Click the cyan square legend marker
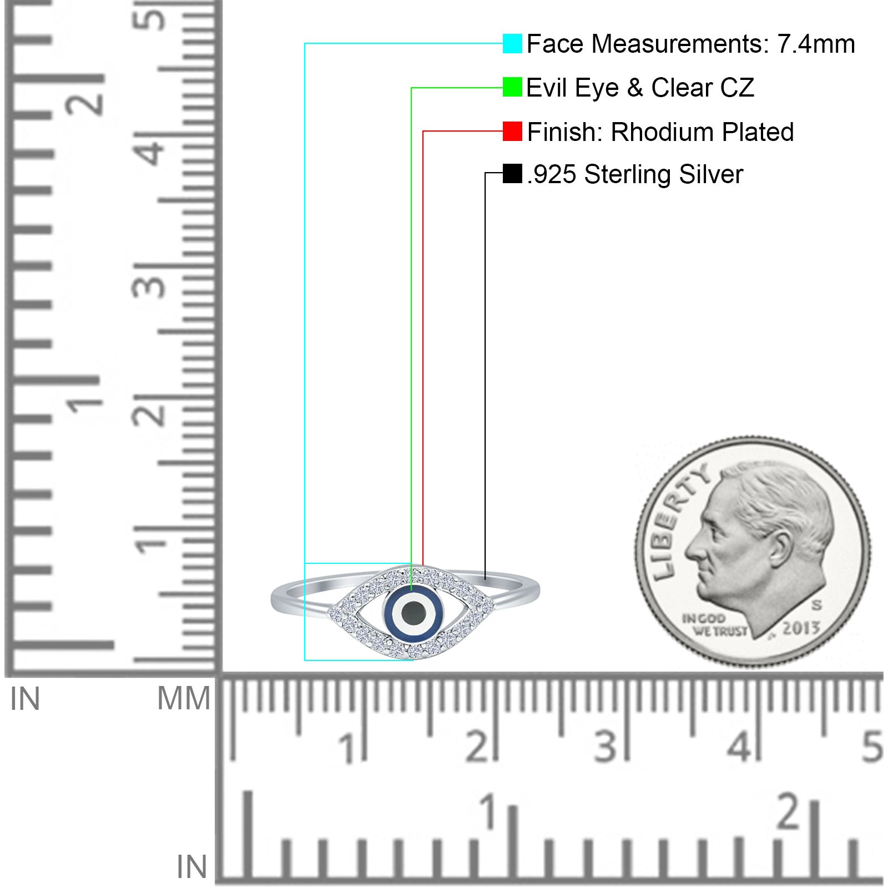pyautogui.click(x=512, y=43)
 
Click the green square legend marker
pyautogui.click(x=512, y=87)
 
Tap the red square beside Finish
pyautogui.click(x=512, y=132)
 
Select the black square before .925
pyautogui.click(x=512, y=173)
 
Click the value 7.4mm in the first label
pyautogui.click(x=816, y=44)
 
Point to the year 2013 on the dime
pyautogui.click(x=801, y=628)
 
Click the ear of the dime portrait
pyautogui.click(x=780, y=549)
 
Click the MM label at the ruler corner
pyautogui.click(x=184, y=698)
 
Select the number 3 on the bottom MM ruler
pyautogui.click(x=606, y=746)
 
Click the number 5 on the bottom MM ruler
pyautogui.click(x=872, y=746)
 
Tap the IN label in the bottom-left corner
pyautogui.click(x=192, y=866)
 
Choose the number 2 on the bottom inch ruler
pyautogui.click(x=788, y=811)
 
